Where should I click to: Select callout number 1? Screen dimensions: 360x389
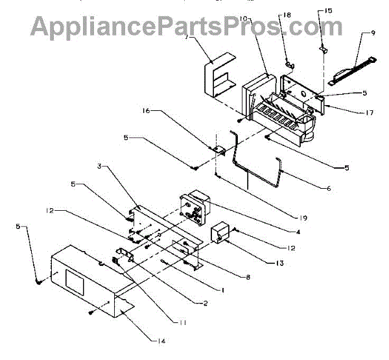(222, 291)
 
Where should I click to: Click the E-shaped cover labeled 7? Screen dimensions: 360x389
(217, 78)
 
